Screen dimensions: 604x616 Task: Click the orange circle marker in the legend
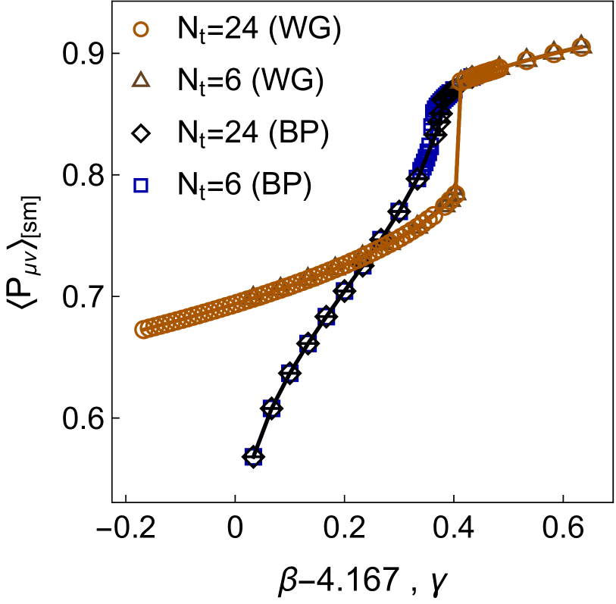click(141, 30)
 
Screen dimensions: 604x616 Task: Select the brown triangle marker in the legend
click(141, 80)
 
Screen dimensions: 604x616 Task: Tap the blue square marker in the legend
click(141, 186)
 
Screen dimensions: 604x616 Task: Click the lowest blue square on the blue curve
click(253, 457)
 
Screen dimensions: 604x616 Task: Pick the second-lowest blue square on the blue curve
click(271, 409)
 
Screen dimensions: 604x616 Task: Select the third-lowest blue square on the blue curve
click(290, 373)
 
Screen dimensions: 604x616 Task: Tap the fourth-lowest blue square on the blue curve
click(308, 343)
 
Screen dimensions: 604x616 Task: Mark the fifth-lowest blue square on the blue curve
click(327, 316)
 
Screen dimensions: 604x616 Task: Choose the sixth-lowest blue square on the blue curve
click(345, 290)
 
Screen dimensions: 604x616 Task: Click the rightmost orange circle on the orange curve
click(581, 47)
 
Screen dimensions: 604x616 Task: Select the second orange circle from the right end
click(554, 53)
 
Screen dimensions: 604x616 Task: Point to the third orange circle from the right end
click(527, 60)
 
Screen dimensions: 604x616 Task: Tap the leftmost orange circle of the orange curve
click(143, 330)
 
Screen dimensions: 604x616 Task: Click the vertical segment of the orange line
click(458, 136)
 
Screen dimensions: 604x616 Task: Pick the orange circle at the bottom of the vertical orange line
click(455, 194)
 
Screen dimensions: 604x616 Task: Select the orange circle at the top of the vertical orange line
click(460, 81)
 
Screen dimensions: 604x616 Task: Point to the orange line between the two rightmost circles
click(568, 50)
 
